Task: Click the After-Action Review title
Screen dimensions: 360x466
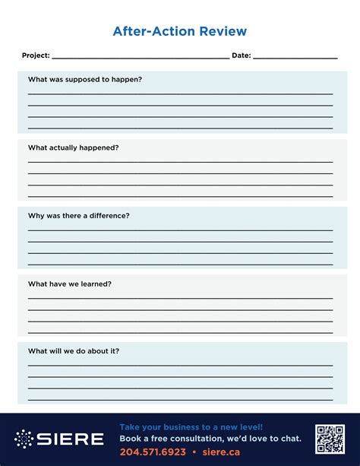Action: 179,31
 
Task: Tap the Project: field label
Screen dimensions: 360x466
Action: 36,55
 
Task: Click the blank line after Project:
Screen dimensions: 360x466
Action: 141,57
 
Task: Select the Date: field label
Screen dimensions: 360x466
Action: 241,55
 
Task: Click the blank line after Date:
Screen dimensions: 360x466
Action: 295,57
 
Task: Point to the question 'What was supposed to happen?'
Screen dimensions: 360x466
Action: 85,80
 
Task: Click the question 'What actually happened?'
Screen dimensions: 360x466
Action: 73,147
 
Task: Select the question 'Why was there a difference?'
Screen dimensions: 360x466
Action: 78,216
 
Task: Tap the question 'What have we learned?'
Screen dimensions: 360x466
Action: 70,284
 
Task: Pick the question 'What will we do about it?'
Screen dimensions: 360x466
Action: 74,351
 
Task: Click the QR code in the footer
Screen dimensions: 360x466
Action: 330,439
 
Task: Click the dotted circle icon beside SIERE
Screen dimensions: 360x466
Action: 24,439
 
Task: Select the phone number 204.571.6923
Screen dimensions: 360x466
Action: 153,452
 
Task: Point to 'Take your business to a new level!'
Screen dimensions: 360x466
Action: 191,427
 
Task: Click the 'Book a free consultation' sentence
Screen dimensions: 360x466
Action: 210,439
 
